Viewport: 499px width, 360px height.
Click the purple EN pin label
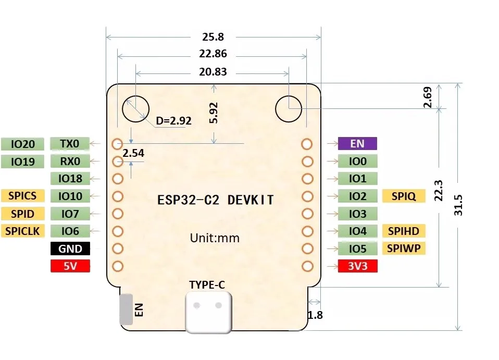click(357, 144)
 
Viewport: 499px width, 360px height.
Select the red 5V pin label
click(70, 266)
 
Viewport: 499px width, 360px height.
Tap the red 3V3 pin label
click(357, 266)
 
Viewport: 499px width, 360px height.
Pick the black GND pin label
click(70, 249)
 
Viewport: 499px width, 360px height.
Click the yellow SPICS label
click(22, 196)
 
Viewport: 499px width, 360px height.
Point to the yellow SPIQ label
click(403, 196)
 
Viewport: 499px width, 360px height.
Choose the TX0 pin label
click(70, 144)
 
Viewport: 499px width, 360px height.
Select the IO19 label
click(22, 162)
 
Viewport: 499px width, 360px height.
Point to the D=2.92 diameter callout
click(174, 121)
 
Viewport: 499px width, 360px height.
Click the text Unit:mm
click(215, 238)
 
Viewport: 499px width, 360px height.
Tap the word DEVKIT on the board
click(251, 200)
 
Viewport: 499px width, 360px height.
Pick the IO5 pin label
click(357, 249)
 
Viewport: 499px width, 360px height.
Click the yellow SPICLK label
click(22, 231)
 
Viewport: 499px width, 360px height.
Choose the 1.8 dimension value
click(316, 315)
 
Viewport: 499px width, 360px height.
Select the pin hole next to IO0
click(307, 162)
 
